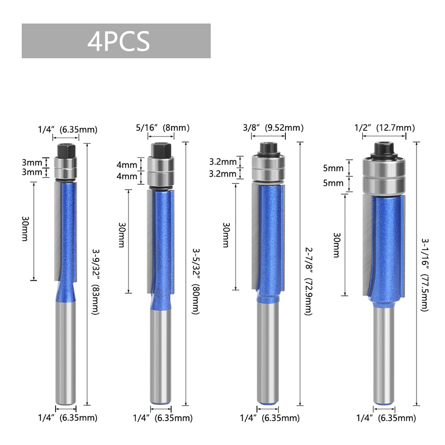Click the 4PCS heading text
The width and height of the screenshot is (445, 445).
tap(118, 41)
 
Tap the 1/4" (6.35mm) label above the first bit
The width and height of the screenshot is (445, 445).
tap(68, 130)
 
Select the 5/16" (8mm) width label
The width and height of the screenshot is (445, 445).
tap(162, 128)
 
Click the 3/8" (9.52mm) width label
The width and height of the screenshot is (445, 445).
tap(273, 128)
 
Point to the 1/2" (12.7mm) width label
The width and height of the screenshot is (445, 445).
tap(384, 128)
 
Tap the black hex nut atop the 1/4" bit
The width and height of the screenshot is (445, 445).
tap(66, 151)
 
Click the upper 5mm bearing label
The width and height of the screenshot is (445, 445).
tap(333, 168)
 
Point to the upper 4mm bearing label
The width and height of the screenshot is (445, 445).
tap(127, 165)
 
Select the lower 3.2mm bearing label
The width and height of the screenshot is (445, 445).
tap(223, 174)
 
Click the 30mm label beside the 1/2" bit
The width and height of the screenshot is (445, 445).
tap(336, 245)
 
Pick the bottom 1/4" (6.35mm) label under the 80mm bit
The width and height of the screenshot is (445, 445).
tap(162, 418)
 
